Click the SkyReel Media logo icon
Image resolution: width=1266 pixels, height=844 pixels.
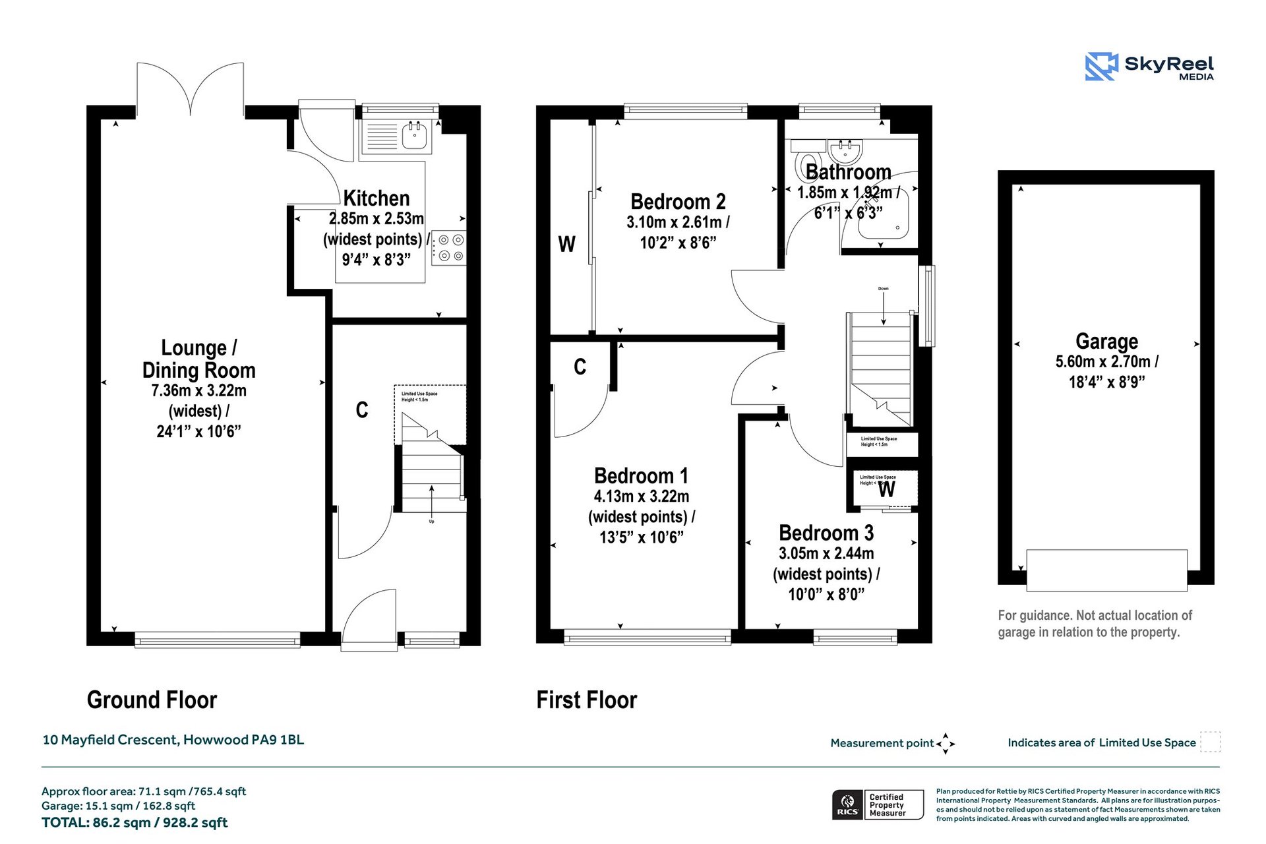1101,67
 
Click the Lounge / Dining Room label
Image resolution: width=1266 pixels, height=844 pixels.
198,359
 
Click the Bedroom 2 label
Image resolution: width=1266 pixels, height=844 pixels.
678,202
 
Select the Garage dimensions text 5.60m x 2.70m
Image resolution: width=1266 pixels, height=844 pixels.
1106,361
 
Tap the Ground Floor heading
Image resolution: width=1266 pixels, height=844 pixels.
152,700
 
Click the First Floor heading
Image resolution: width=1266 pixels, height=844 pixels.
586,700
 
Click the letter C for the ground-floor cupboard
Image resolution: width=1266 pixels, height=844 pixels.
361,410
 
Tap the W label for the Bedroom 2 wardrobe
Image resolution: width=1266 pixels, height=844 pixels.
566,245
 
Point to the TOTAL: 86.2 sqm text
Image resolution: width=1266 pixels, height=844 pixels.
135,822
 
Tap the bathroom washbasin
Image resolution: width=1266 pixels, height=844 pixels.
845,152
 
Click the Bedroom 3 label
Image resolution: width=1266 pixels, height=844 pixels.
826,533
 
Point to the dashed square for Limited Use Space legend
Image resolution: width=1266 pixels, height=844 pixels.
1210,742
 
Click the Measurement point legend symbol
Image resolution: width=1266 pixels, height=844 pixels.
946,743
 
